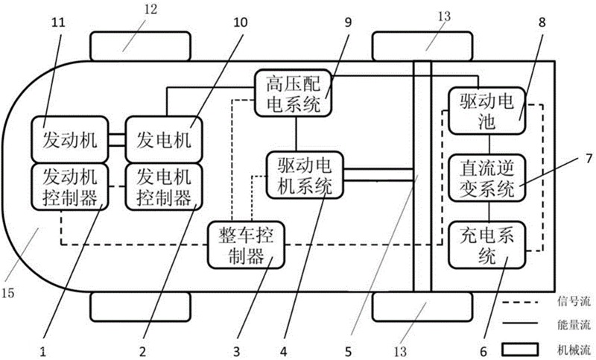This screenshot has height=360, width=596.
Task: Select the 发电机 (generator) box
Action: click(x=163, y=139)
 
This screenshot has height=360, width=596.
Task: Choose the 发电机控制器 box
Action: click(x=163, y=186)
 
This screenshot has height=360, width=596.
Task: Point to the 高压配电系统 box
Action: click(x=293, y=94)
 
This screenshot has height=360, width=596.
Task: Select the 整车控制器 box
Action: click(x=246, y=246)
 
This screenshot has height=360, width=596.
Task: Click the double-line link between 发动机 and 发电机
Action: click(x=114, y=139)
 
